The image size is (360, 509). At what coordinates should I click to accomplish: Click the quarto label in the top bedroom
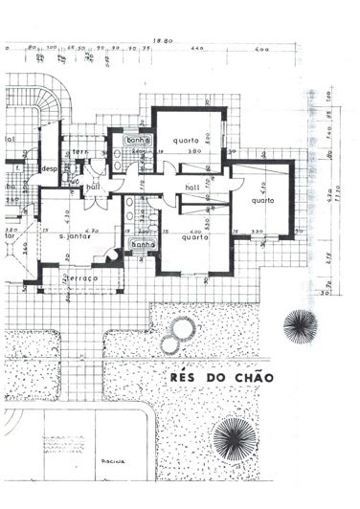(x=186, y=141)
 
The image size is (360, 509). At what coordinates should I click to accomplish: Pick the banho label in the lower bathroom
(x=144, y=244)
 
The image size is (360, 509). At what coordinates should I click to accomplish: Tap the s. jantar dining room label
(x=75, y=234)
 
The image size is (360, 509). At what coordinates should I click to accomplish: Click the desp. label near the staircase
(x=48, y=169)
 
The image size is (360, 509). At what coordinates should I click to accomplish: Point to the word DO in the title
(x=214, y=378)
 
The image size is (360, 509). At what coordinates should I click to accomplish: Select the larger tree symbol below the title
(x=233, y=439)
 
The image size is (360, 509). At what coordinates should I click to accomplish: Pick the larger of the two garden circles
(x=179, y=332)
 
